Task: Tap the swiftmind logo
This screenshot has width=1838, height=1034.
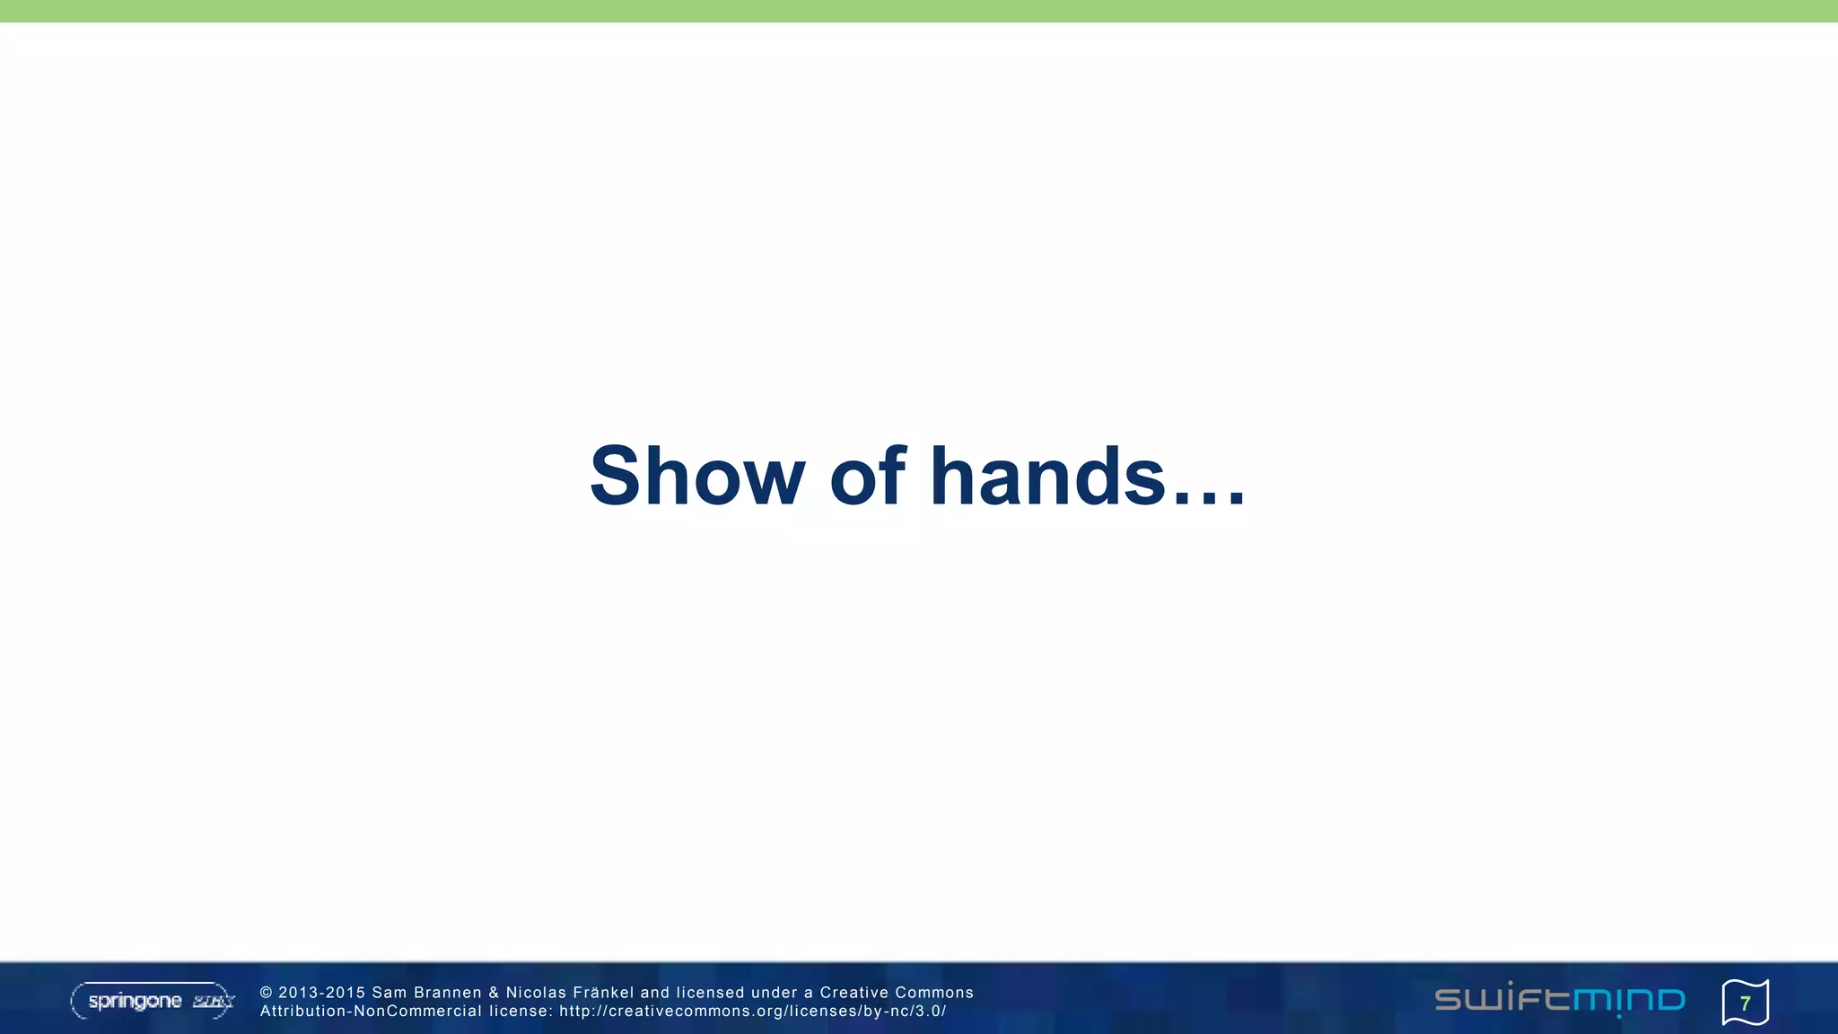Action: pyautogui.click(x=1560, y=1000)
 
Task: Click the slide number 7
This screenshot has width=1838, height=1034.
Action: pyautogui.click(x=1745, y=1003)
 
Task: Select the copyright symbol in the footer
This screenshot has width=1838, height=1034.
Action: pyautogui.click(x=266, y=993)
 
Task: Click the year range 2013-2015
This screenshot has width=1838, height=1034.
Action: pyautogui.click(x=322, y=993)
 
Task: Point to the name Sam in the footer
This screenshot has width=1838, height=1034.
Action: pyautogui.click(x=389, y=993)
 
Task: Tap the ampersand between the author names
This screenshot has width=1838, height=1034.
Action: pyautogui.click(x=494, y=993)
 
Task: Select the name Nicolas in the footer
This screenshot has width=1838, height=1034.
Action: pyautogui.click(x=536, y=993)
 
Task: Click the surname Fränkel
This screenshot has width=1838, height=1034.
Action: pyautogui.click(x=603, y=993)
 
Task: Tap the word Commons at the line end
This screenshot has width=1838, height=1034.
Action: pyautogui.click(x=936, y=993)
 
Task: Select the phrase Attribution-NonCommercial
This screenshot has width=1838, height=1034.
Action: pyautogui.click(x=371, y=1012)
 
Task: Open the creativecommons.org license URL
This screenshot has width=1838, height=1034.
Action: pyautogui.click(x=752, y=1012)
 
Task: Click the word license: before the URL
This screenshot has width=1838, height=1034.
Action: pyautogui.click(x=521, y=1012)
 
